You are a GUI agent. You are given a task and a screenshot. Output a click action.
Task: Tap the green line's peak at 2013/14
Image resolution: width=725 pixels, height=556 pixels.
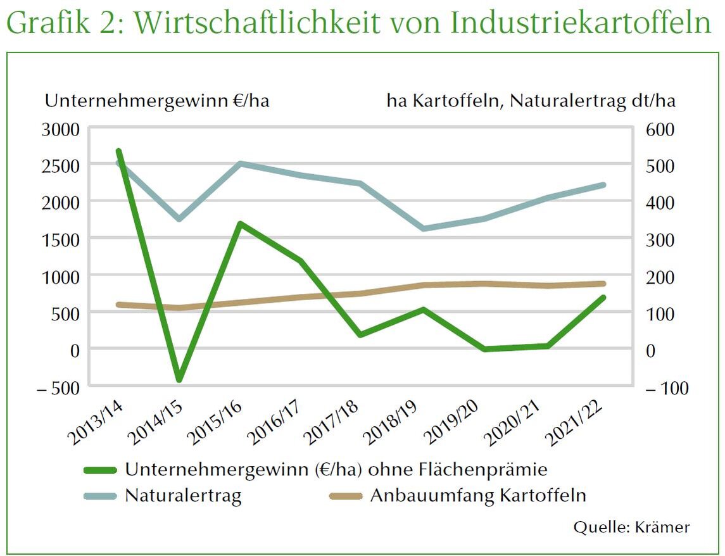[118, 151]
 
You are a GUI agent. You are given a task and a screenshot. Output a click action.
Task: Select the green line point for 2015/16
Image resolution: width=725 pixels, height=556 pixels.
[240, 224]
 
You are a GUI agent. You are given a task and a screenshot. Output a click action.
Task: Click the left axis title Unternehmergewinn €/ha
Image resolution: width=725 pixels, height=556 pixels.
[156, 101]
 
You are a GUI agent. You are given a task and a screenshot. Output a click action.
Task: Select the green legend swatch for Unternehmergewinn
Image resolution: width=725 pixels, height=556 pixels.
[101, 470]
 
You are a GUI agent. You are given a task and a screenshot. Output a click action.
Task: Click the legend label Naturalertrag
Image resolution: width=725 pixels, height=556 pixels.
[183, 495]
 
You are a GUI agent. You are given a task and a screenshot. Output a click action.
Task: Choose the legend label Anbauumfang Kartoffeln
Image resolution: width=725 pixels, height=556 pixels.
[478, 495]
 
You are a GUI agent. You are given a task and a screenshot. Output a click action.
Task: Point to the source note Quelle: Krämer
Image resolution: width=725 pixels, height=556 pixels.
[631, 527]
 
